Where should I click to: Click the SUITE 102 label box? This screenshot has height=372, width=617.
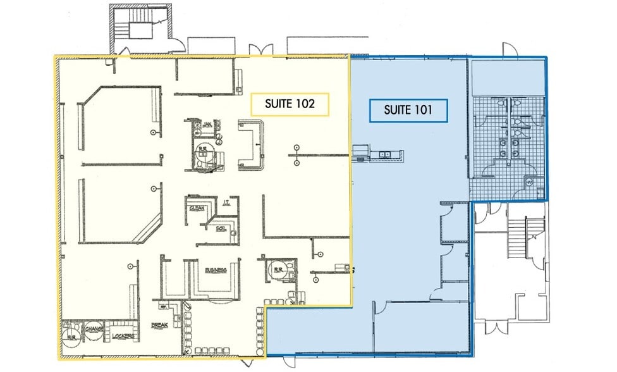[x=291, y=105]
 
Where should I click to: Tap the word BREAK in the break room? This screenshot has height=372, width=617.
[x=158, y=326]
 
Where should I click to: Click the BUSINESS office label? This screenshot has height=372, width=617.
[x=216, y=270]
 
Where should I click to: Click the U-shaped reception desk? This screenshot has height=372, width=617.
[x=250, y=145]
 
